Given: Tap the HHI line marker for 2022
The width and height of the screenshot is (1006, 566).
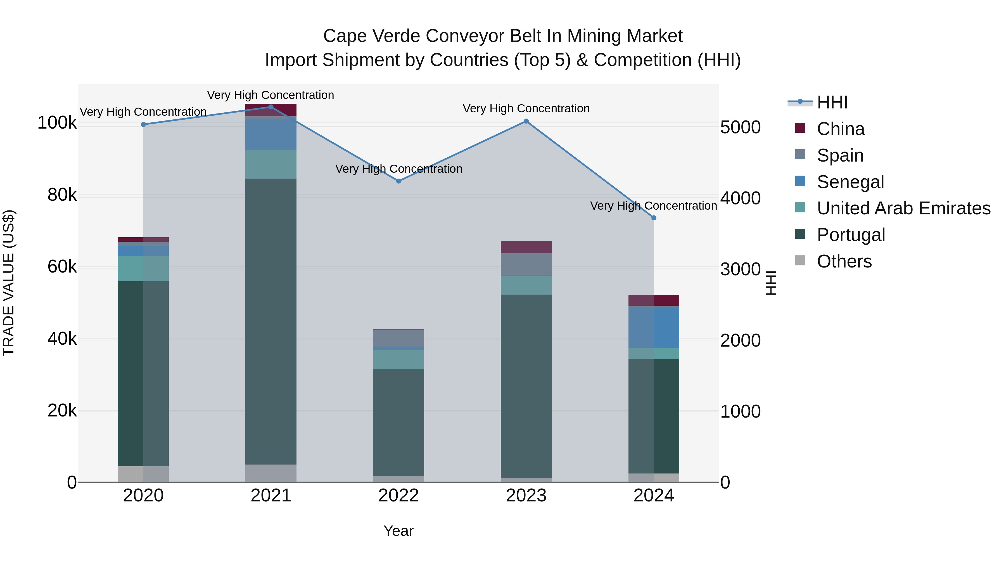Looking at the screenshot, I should pos(398,181).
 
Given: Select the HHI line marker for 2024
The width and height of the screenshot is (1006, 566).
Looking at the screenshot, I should pos(654,217).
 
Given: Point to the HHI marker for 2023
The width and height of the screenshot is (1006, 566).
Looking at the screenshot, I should pos(526,121).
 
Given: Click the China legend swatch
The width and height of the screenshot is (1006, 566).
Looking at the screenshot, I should pos(800,128).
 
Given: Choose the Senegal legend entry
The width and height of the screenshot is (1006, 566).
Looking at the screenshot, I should pos(850,182).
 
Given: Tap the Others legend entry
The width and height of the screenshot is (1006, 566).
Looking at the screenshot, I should pos(844,261).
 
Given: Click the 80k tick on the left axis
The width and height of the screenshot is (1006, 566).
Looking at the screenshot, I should pos(62,195).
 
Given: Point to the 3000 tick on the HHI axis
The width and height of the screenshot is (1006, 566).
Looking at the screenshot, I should pos(740,269).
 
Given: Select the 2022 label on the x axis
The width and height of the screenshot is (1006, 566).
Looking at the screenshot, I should pos(398,496).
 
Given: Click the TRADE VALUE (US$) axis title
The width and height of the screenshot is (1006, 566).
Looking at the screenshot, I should pos(9,283).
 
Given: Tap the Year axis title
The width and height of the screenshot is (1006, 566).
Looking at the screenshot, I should pos(398,531).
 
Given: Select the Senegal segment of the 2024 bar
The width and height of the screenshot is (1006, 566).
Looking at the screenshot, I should pos(654,327).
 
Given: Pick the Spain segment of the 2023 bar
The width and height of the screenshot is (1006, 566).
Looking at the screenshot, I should pos(526,264).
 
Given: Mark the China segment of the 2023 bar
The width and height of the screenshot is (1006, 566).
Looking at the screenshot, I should pos(526,247).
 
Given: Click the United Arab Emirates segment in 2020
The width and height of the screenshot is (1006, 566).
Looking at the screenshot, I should pos(143,268).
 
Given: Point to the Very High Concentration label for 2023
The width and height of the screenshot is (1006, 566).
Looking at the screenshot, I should pos(526,109).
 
